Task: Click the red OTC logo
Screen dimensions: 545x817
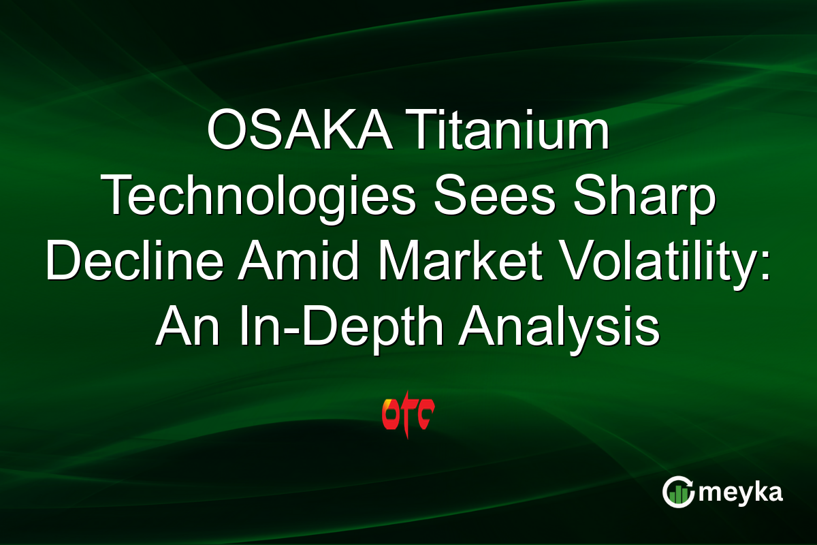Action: (408, 413)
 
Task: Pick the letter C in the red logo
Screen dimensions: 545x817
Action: (425, 414)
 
